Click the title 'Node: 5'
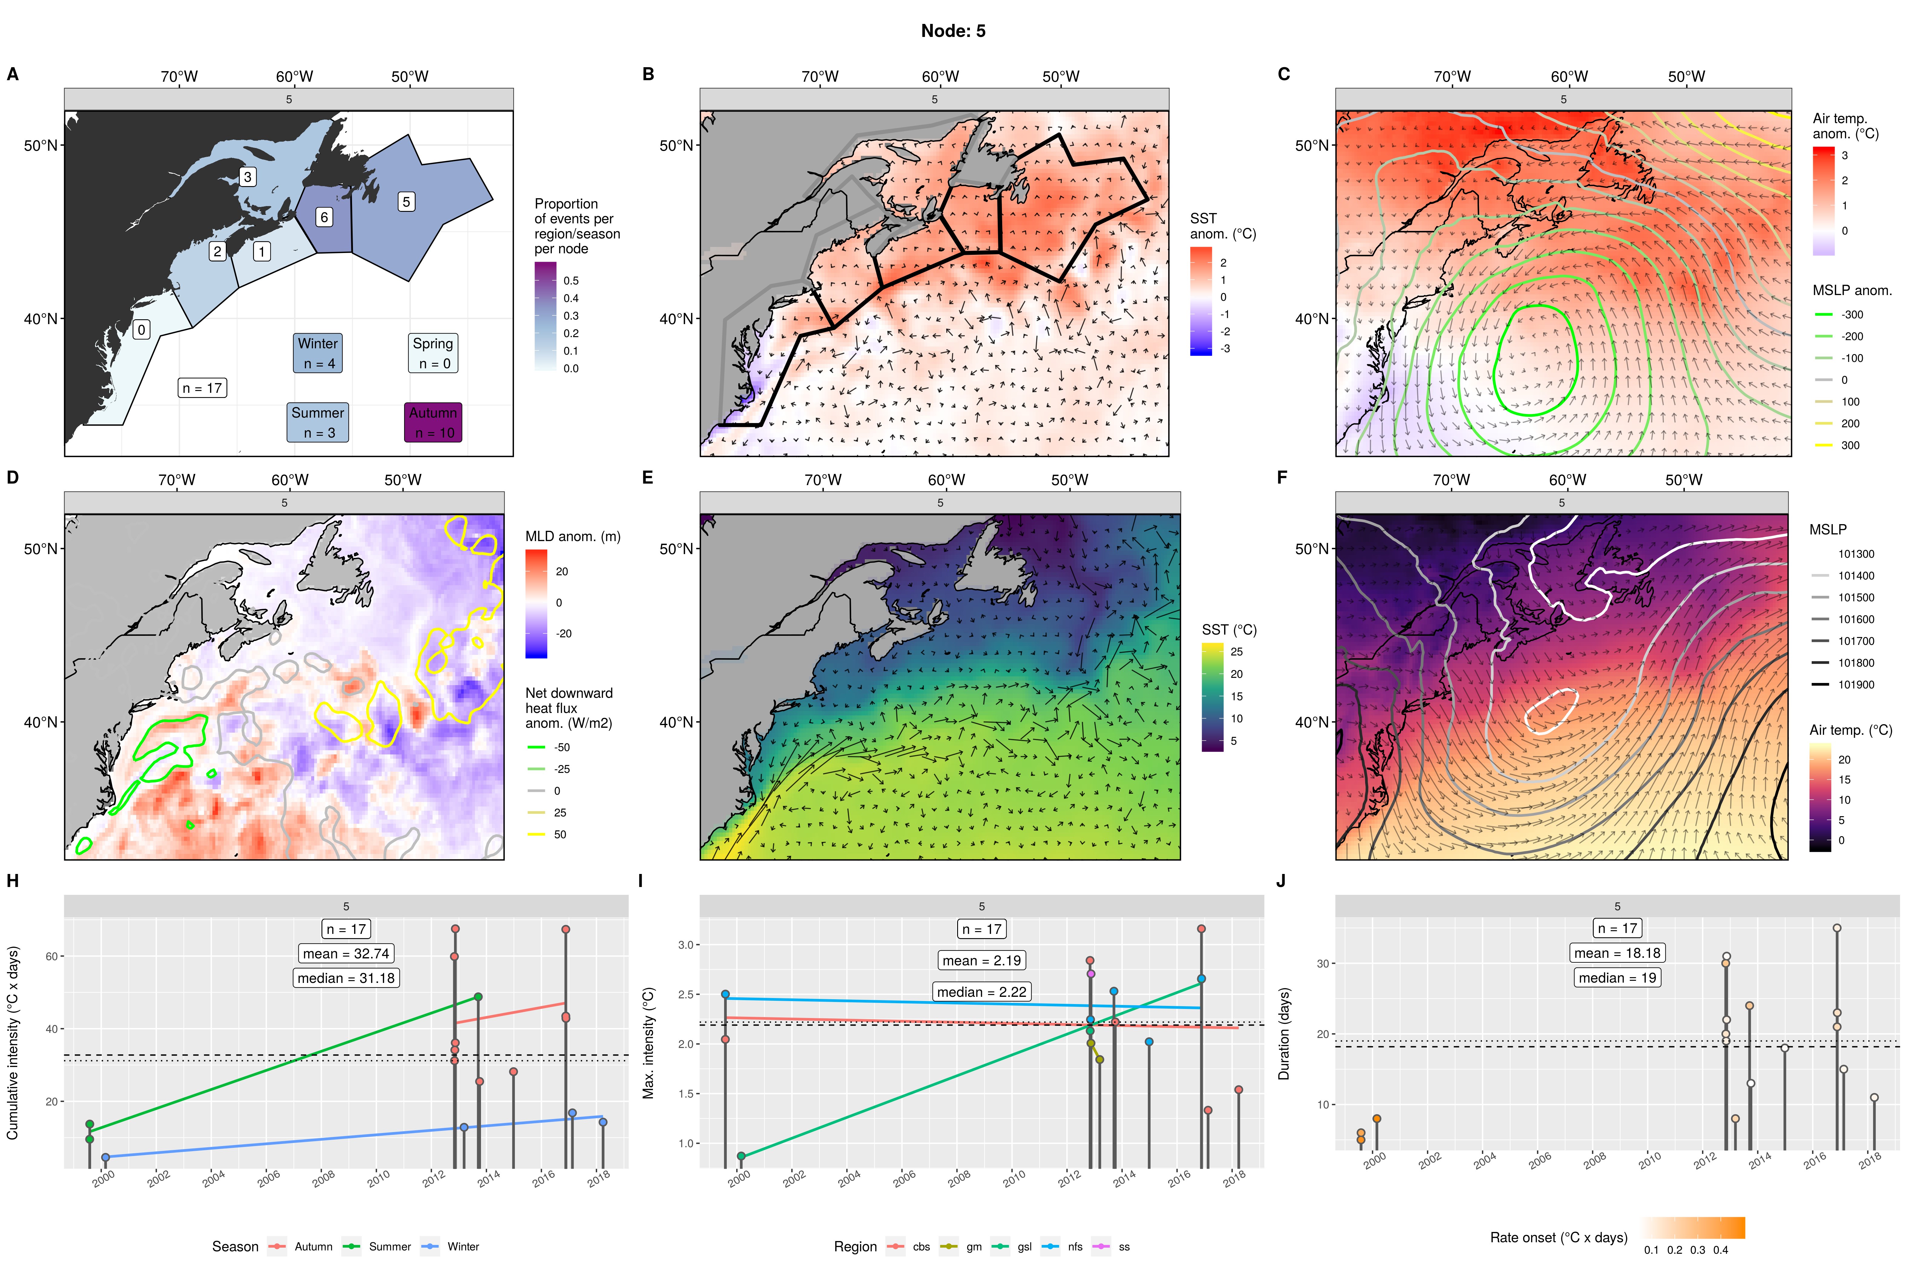coord(953,31)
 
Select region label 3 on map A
coord(247,177)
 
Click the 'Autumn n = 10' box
coord(433,422)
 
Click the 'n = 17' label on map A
coord(202,388)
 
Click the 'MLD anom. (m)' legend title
coord(572,537)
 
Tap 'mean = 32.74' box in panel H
coord(346,953)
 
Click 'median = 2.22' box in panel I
coord(981,992)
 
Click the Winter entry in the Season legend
coord(462,1247)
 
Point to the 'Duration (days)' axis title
coord(1283,1033)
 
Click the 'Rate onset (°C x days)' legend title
coord(1558,1238)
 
